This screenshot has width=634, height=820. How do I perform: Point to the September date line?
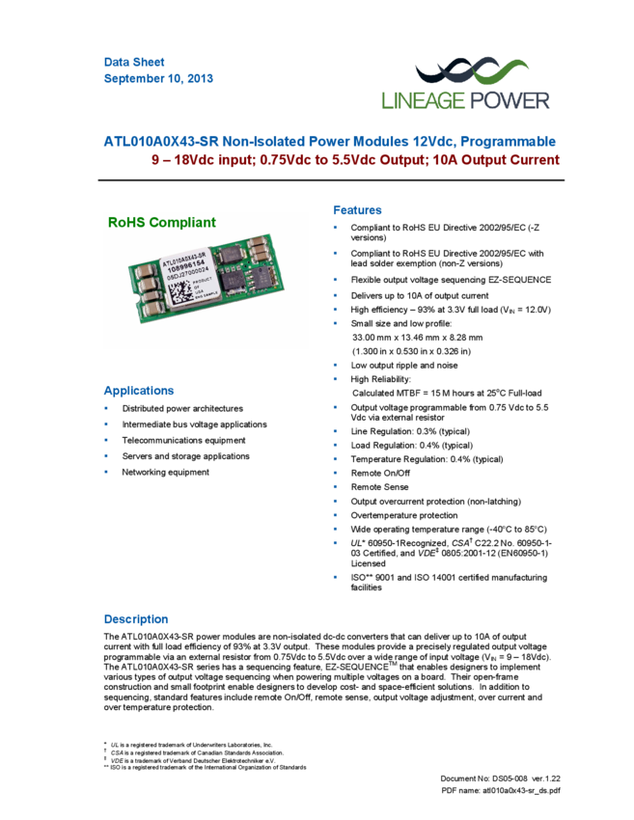158,79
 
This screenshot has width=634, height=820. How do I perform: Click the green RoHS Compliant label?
162,222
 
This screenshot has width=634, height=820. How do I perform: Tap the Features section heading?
357,210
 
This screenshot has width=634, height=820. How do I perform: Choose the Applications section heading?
139,392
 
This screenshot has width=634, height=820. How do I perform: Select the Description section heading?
135,619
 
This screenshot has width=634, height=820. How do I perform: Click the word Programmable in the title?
509,142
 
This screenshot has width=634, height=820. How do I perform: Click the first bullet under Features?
335,228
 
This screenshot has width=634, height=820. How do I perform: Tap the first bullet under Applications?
106,408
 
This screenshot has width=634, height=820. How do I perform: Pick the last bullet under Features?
335,576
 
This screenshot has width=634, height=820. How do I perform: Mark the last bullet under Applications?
106,472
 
